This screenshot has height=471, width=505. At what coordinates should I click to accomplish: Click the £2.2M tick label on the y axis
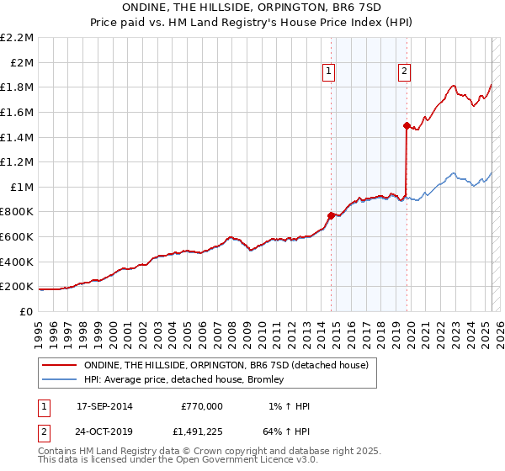pyautogui.click(x=17, y=38)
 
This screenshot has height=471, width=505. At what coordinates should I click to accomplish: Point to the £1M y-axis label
pyautogui.click(x=22, y=187)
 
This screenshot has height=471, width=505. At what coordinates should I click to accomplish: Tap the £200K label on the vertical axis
pyautogui.click(x=17, y=287)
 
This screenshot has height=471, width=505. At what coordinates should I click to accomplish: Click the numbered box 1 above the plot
pyautogui.click(x=327, y=71)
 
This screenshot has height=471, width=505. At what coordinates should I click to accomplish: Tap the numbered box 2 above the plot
pyautogui.click(x=405, y=71)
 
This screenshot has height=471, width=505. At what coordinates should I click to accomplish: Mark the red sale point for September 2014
pyautogui.click(x=331, y=215)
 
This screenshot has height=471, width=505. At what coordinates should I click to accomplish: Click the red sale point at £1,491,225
pyautogui.click(x=407, y=126)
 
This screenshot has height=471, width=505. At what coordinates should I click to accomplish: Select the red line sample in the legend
pyautogui.click(x=60, y=365)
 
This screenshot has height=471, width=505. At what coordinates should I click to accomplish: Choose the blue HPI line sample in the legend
pyautogui.click(x=60, y=379)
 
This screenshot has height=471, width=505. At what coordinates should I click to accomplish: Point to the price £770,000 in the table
pyautogui.click(x=202, y=406)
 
